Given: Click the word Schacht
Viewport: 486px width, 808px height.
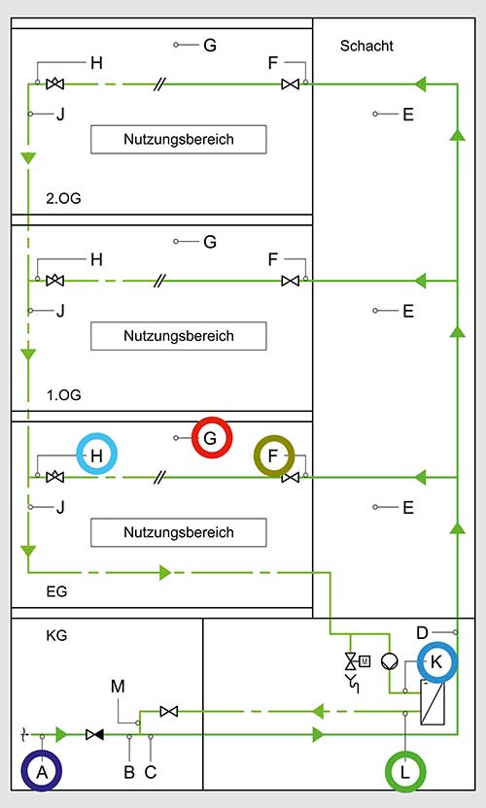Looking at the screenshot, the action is click(366, 46).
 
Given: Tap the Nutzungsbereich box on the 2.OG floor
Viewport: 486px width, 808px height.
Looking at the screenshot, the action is click(179, 139).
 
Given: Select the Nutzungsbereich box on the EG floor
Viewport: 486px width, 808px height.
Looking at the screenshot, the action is click(179, 532).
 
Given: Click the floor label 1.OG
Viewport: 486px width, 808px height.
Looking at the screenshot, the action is click(63, 395).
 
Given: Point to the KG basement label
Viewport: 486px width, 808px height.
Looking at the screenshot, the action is click(56, 635).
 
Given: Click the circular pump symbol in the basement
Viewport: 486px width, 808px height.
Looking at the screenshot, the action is click(390, 661).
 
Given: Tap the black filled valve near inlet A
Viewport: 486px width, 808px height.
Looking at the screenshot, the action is click(94, 735).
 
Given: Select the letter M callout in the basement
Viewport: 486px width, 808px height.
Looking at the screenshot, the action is click(118, 687).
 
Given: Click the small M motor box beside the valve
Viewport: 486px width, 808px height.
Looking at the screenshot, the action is click(364, 660).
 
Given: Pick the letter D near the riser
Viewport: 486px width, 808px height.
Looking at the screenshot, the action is click(422, 632).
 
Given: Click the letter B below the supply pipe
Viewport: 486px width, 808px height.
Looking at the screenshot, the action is click(129, 772).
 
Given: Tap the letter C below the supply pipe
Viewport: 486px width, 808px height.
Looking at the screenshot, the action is click(150, 772).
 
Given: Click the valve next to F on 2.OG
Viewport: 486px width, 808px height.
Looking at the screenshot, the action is click(290, 84).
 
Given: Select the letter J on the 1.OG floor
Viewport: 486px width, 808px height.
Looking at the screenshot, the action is click(60, 311).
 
